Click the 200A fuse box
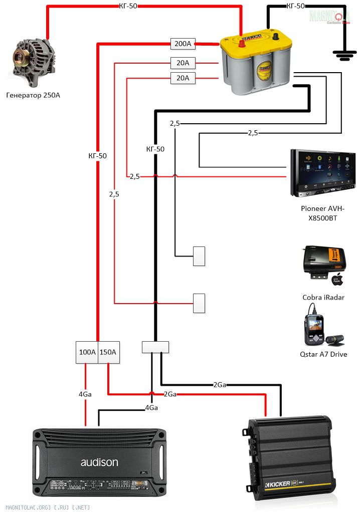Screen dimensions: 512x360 (x=183, y=44)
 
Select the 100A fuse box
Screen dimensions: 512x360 (x=87, y=352)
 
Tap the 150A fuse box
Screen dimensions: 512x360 (x=108, y=352)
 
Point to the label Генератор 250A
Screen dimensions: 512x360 (x=33, y=95)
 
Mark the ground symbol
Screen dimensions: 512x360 (x=344, y=55)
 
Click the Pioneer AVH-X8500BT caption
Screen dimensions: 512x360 (x=323, y=213)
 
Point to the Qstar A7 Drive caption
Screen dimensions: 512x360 (x=323, y=354)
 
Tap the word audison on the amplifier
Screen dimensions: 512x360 (x=99, y=462)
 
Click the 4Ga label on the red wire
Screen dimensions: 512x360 (x=85, y=394)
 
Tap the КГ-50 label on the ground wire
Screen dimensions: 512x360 (x=295, y=6)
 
